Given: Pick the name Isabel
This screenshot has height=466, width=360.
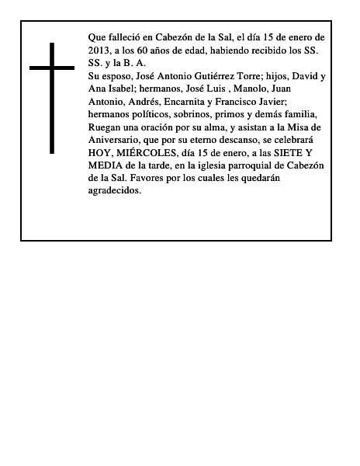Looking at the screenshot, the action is point(123,89).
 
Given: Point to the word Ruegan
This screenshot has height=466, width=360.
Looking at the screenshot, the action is point(106,129).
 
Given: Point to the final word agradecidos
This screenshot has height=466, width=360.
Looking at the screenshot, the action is point(115,195).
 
